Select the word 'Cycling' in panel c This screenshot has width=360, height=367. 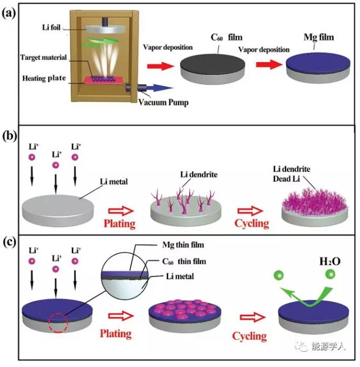click(250, 335)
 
